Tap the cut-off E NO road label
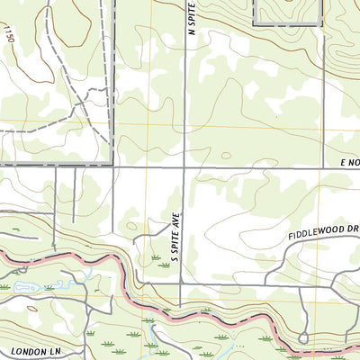point(348,161)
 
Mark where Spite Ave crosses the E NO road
point(184,166)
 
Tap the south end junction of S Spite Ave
point(183,284)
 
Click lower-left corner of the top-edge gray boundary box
point(254,24)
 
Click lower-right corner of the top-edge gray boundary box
point(320,24)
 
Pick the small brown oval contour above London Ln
point(33,308)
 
